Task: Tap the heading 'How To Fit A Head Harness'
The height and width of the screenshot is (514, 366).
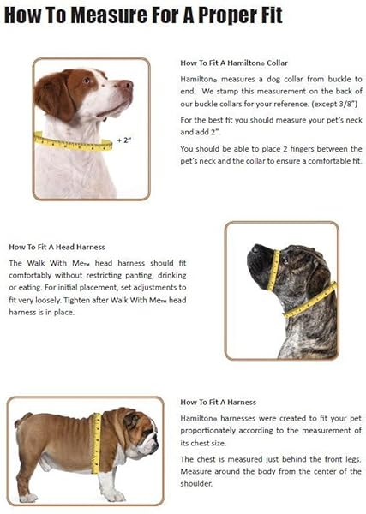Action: (x=57, y=247)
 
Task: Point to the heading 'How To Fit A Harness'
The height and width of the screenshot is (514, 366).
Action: (x=218, y=401)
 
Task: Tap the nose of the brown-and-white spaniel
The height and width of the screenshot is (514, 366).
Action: (x=129, y=85)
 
